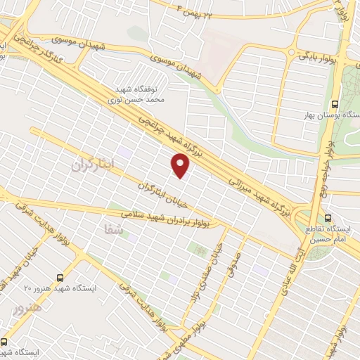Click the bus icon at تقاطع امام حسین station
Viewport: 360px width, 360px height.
[x=328, y=217]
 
